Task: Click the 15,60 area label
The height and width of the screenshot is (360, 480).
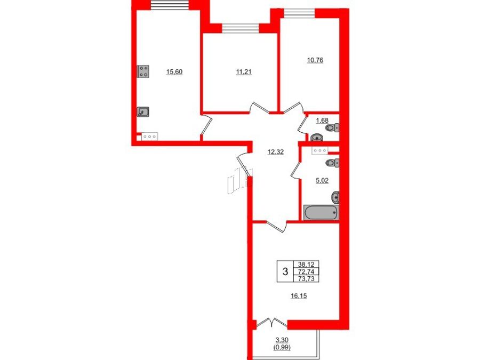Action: coord(174,72)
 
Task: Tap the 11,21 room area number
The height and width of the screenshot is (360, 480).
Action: coord(244,72)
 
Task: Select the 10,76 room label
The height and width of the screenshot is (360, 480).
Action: coord(315,60)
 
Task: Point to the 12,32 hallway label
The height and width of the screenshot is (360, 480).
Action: coord(276,152)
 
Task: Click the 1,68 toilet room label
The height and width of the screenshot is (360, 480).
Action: coord(322,121)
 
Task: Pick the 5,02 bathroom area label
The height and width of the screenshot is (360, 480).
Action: coord(322,181)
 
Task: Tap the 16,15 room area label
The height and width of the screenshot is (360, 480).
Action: coord(299,295)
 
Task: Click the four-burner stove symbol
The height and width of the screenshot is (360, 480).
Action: coord(143,71)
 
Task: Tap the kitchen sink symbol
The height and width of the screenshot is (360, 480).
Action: coord(143,112)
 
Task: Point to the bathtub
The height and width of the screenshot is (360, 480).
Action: coord(321,212)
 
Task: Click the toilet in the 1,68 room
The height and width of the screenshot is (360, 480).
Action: coord(333,127)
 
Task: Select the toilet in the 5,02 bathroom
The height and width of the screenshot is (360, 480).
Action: coord(333,163)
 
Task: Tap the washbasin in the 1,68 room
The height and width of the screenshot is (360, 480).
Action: coord(316,138)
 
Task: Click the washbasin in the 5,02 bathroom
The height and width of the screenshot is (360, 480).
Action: coord(335,197)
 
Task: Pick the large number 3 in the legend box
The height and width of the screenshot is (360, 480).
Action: coord(285,271)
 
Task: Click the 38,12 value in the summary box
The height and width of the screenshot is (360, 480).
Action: coord(306,264)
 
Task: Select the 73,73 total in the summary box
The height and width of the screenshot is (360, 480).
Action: coord(306,278)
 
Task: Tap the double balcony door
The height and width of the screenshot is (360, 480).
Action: coord(271,323)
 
